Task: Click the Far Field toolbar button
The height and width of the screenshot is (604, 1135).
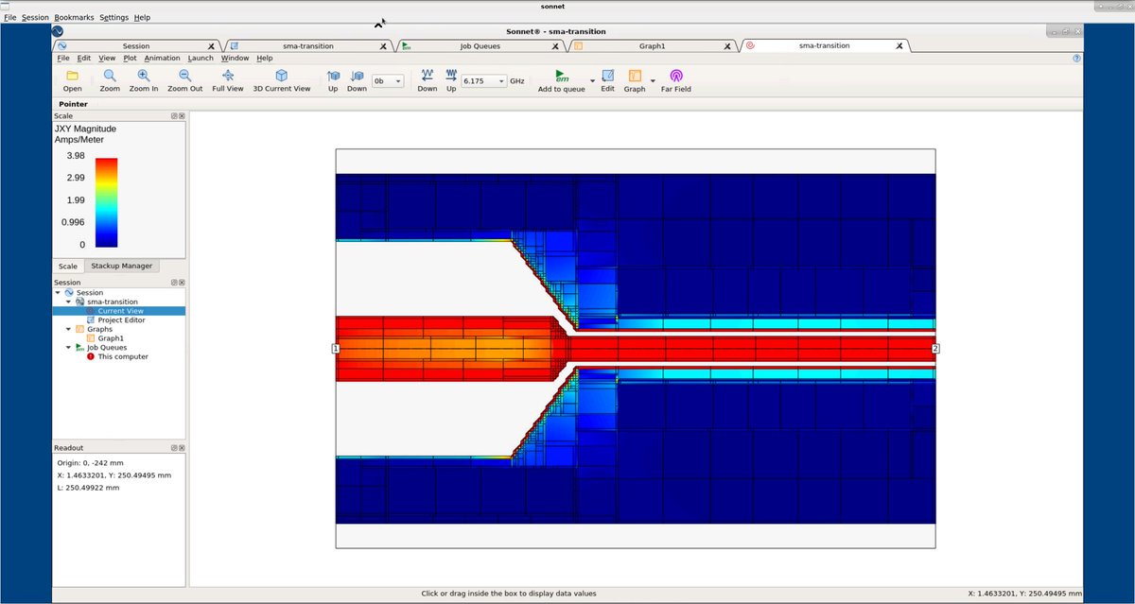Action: (x=676, y=81)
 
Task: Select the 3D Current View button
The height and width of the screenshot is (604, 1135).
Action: (x=281, y=81)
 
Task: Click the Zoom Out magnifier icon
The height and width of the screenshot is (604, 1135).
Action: (x=185, y=76)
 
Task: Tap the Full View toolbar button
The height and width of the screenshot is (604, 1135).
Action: (x=228, y=81)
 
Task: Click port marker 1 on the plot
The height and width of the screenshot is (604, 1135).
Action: (x=336, y=349)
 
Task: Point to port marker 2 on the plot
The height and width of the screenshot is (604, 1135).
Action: (x=935, y=349)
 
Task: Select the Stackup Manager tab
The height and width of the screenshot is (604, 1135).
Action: (x=122, y=266)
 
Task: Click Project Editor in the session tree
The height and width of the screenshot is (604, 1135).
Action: (x=122, y=320)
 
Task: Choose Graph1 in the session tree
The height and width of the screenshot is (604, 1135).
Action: (x=111, y=338)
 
